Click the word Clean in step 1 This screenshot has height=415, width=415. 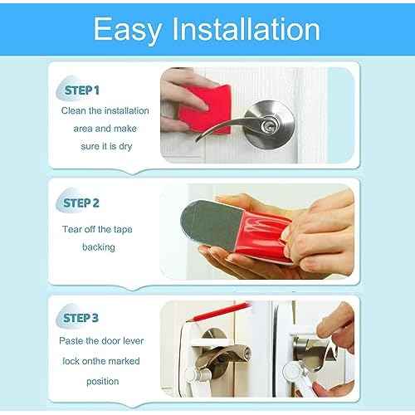pyautogui.click(x=74, y=110)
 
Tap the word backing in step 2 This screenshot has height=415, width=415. pyautogui.click(x=99, y=247)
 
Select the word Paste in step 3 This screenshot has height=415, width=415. pyautogui.click(x=74, y=340)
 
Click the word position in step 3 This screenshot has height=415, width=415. pyautogui.click(x=99, y=381)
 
